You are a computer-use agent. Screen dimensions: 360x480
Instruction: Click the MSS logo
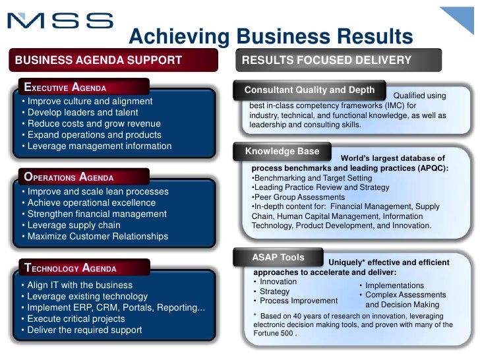point(60,21)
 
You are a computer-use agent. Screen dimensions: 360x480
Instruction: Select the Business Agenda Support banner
point(98,61)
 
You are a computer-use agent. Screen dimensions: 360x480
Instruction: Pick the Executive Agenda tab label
point(65,87)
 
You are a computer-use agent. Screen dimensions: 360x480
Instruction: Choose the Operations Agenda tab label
point(69,177)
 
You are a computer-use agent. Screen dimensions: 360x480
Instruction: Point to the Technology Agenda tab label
point(71,268)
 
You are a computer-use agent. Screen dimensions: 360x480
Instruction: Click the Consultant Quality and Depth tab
point(309,90)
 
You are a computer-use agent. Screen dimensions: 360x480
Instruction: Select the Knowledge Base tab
point(282,151)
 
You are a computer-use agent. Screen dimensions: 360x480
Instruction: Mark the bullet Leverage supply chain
point(72,225)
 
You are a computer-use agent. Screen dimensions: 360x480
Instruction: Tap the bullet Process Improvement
point(298,301)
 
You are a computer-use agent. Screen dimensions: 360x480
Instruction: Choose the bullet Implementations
point(394,285)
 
